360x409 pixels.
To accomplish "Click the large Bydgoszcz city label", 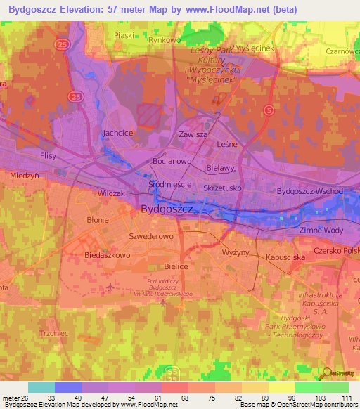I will coord(172,209).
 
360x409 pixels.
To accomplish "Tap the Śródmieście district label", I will coord(171,183).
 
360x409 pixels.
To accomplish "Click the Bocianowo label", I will coord(173,161).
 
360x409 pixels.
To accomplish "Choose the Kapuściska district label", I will coord(285,258).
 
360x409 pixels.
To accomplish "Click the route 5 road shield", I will coord(268,110).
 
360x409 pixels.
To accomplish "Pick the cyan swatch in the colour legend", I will coord(41,387).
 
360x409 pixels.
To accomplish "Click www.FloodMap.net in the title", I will coord(229,9).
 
